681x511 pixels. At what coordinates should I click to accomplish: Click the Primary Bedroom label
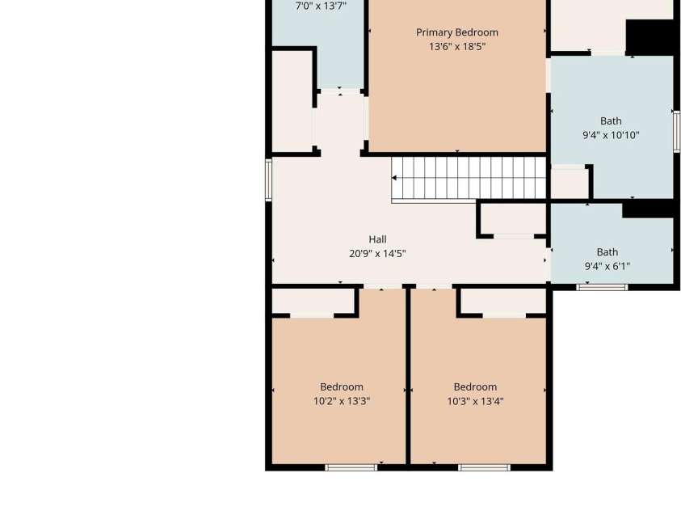[x=457, y=33]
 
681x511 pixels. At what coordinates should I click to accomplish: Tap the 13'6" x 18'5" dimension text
[x=457, y=47]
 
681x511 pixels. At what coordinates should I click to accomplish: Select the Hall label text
[x=377, y=239]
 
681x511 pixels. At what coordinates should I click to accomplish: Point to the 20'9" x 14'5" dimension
[x=377, y=253]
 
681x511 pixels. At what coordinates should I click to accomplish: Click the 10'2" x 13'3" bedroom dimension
[x=342, y=400]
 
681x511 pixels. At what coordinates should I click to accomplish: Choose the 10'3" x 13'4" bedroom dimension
[x=475, y=400]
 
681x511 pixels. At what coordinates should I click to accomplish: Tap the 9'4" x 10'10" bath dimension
[x=611, y=135]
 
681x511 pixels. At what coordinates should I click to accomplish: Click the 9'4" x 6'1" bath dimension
[x=607, y=266]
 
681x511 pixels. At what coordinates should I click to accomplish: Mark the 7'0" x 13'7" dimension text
[x=321, y=6]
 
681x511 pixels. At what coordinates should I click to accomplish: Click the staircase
[x=469, y=179]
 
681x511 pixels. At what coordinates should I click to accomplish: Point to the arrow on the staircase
[x=394, y=178]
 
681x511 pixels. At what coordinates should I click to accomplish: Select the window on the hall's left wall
[x=268, y=179]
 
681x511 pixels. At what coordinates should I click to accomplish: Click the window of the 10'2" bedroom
[x=351, y=467]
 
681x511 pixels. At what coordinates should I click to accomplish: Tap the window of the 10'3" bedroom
[x=484, y=467]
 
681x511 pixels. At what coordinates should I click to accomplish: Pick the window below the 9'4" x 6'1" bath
[x=602, y=287]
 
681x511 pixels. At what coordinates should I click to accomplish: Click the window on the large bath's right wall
[x=677, y=132]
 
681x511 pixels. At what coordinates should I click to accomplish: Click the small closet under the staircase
[x=513, y=219]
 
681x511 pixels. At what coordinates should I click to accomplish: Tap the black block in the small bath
[x=648, y=209]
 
